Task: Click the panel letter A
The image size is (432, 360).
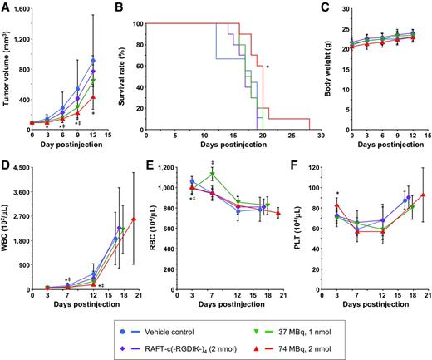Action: pos(7,7)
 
